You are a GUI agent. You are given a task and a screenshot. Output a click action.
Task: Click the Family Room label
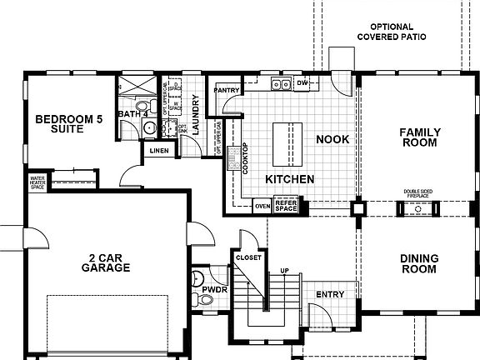(x=418, y=137)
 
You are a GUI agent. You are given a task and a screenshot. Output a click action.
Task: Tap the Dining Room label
(x=418, y=263)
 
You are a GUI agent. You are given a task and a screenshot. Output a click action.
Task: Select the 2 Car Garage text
(x=106, y=262)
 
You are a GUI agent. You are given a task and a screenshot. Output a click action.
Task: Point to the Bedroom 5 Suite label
(x=68, y=126)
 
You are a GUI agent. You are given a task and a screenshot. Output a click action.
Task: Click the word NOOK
(x=332, y=139)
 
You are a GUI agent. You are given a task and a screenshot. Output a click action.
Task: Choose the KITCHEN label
(x=289, y=179)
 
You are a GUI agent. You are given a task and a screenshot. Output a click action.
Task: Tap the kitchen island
(x=285, y=143)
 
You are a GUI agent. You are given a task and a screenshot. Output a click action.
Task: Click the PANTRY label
(x=227, y=89)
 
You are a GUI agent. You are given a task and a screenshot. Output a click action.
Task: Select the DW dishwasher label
(x=302, y=84)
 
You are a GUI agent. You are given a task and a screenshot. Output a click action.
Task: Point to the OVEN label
(x=262, y=204)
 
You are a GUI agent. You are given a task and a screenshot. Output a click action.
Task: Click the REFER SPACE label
(x=286, y=204)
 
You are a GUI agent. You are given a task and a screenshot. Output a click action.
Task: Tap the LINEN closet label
(x=159, y=150)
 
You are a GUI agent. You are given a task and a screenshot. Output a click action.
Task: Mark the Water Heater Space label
(x=37, y=182)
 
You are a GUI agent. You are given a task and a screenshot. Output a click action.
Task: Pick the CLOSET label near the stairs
(x=248, y=257)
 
